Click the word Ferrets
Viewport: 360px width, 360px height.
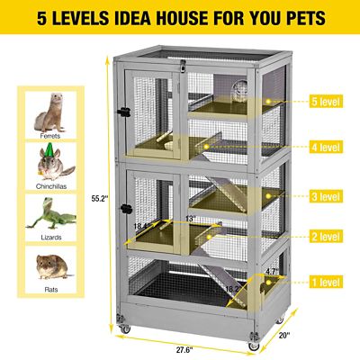pos(50,137)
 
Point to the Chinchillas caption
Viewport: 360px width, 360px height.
pos(50,187)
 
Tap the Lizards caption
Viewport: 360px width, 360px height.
pos(50,238)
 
